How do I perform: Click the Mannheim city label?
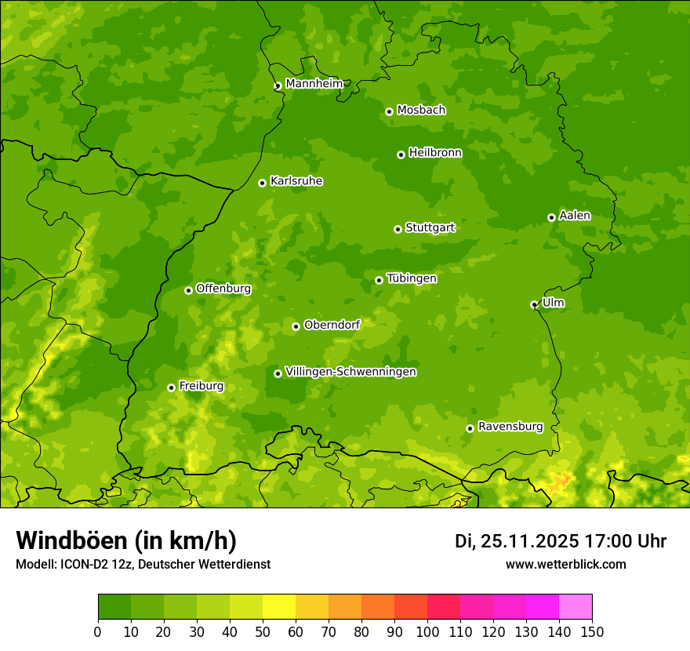[314, 84]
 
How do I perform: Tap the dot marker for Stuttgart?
[398, 229]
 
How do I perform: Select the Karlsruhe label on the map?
[296, 181]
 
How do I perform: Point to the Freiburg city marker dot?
[171, 387]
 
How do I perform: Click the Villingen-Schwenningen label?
[350, 372]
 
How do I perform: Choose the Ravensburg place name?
[510, 427]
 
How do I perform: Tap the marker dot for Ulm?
[534, 304]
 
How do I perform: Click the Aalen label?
[574, 216]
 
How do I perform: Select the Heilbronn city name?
[435, 153]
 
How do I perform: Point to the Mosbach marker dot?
[389, 111]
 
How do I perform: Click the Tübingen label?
[412, 278]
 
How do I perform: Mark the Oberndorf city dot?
[296, 326]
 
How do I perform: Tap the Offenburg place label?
[223, 289]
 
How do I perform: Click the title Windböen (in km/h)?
[126, 540]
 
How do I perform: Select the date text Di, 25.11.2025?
[517, 541]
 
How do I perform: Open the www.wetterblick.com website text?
[565, 564]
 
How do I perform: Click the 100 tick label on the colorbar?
[427, 631]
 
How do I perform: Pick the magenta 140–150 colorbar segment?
[576, 607]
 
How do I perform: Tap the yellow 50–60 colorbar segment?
[279, 607]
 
